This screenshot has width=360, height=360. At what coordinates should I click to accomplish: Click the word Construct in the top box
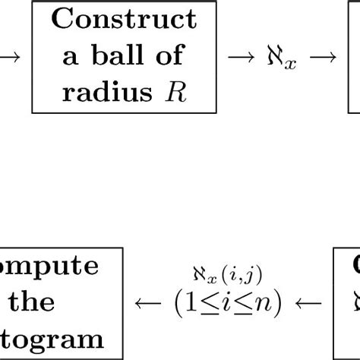pyautogui.click(x=124, y=19)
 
